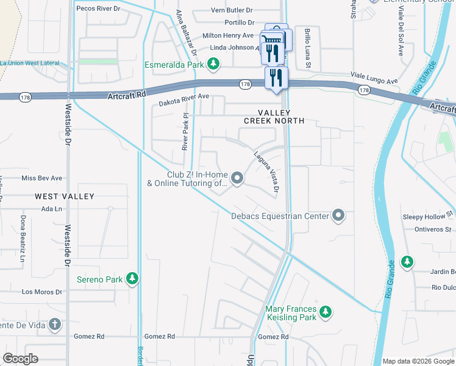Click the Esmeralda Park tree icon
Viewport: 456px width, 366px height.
coord(213,63)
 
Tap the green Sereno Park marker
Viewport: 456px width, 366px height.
coord(132,279)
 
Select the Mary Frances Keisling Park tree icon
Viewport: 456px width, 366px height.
coord(326,312)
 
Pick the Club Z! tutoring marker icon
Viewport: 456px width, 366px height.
coord(237,178)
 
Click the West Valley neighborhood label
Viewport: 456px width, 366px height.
coord(65,196)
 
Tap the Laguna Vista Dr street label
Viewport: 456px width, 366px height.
coord(266,173)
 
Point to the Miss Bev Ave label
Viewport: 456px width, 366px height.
coord(42,178)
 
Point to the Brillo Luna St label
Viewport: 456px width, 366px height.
coord(308,48)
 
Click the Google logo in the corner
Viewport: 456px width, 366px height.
coord(20,359)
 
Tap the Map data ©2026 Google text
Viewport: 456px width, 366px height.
coord(418,361)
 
